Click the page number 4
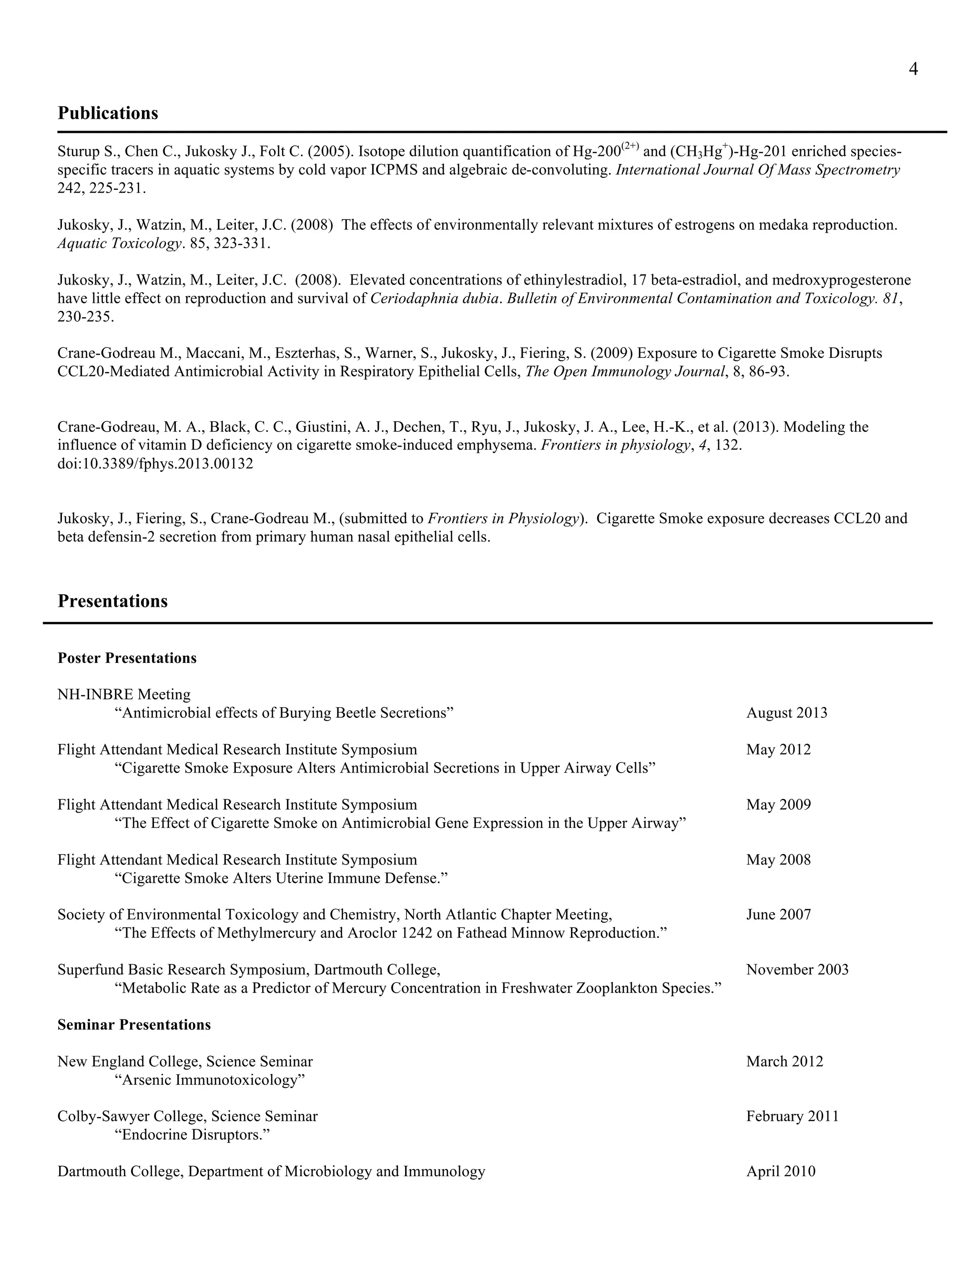913,70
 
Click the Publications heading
108,113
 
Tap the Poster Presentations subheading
127,658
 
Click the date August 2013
786,713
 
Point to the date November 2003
797,969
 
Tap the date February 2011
792,1116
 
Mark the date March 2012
784,1061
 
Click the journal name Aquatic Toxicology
119,244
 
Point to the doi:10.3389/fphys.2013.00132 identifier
155,464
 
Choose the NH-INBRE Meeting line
124,694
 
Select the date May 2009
778,805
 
